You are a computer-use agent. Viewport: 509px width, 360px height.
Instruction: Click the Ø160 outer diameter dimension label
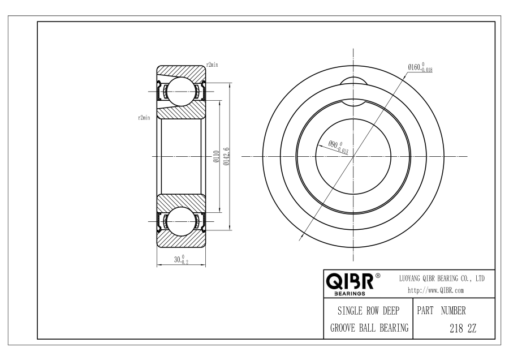click(420, 67)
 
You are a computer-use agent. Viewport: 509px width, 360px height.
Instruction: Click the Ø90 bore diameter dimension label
click(338, 147)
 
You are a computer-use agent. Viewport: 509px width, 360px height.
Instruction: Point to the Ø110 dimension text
click(216, 156)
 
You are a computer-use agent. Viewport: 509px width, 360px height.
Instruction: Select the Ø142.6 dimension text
click(227, 156)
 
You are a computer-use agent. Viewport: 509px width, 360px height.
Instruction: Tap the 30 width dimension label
click(181, 259)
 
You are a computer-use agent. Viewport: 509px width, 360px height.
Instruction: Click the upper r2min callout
click(212, 65)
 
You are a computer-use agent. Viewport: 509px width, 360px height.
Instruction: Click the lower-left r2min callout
click(144, 118)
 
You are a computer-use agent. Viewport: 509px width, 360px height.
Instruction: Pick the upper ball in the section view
click(181, 92)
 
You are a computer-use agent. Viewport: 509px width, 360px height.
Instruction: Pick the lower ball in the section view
click(181, 221)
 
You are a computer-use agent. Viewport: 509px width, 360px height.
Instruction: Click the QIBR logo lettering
click(350, 281)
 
